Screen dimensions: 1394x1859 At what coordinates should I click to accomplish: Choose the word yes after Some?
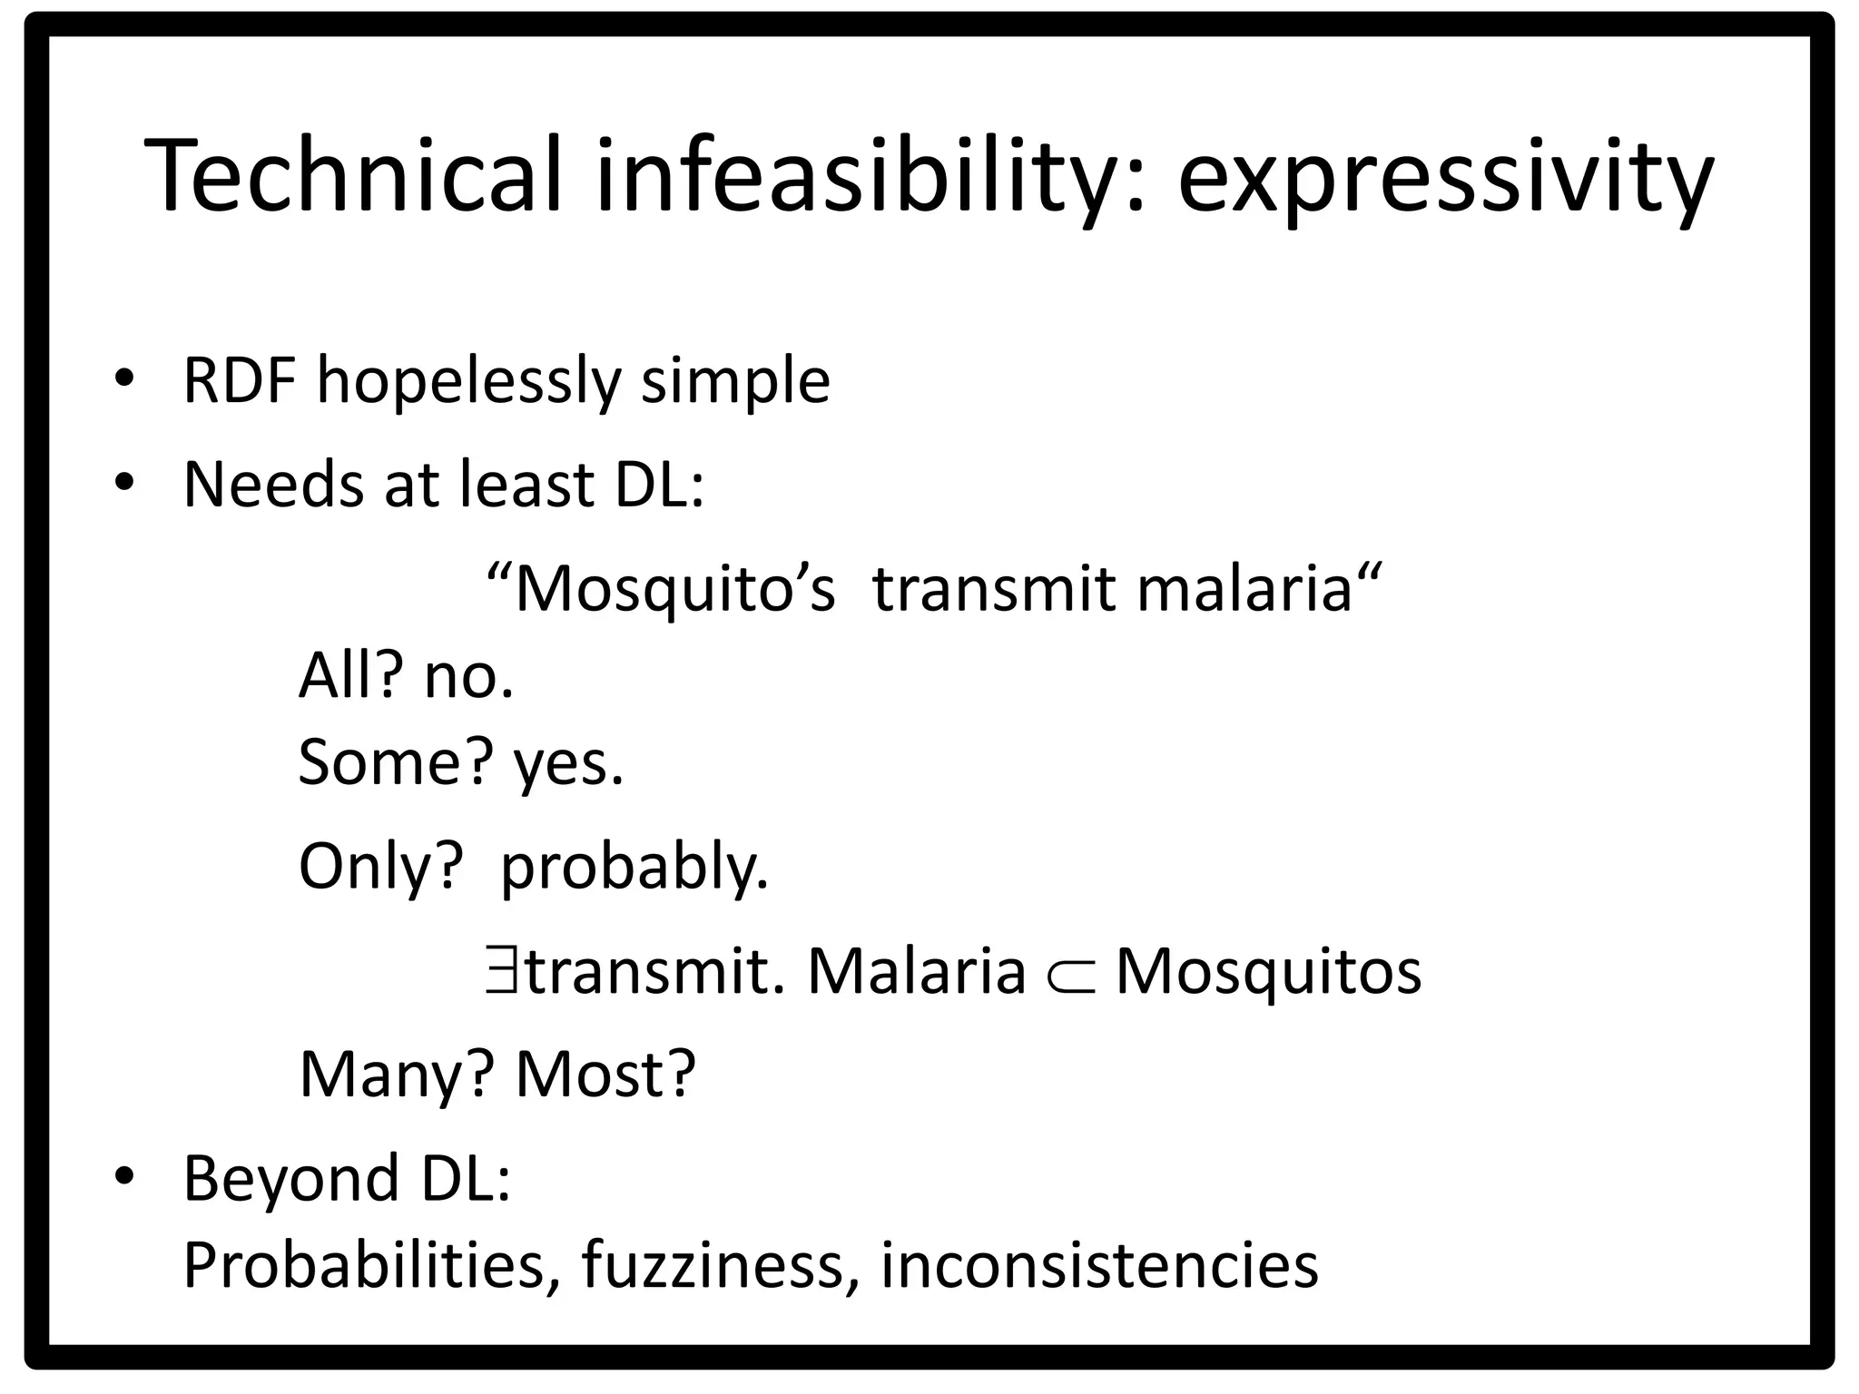click(x=568, y=764)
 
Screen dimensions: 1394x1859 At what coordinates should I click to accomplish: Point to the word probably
click(x=634, y=868)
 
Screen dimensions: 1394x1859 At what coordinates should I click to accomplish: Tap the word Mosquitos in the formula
click(x=1267, y=971)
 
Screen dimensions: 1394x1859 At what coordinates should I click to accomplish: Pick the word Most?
click(x=605, y=1075)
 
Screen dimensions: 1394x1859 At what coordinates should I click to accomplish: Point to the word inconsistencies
click(x=1098, y=1265)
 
